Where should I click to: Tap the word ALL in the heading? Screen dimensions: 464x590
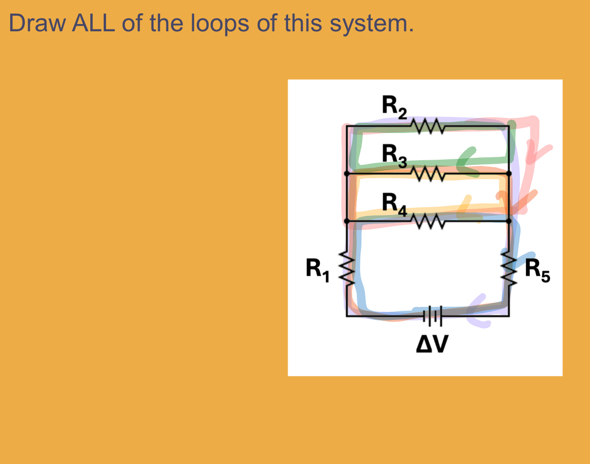pos(93,23)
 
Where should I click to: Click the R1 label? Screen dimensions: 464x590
pos(318,270)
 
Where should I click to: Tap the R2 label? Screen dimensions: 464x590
pos(394,107)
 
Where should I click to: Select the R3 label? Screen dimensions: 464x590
pos(394,156)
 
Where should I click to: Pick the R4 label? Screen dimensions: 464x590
pos(394,204)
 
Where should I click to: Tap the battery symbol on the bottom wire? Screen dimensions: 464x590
pos(432,316)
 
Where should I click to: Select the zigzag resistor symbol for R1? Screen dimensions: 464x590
pos(347,270)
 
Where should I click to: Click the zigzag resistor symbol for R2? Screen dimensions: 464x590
pos(427,126)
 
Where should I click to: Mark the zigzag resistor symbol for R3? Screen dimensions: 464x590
pos(427,174)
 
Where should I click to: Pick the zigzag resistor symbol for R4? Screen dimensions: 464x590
pos(427,221)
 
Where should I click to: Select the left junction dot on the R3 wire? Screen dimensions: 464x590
pos(347,174)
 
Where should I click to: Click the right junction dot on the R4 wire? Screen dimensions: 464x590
pos(509,221)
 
